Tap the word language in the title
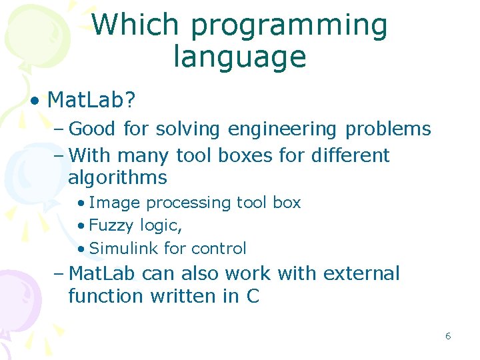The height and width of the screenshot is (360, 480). pyautogui.click(x=239, y=57)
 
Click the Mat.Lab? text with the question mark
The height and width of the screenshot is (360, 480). pyautogui.click(x=92, y=101)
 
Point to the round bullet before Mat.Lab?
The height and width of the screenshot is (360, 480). pyautogui.click(x=33, y=101)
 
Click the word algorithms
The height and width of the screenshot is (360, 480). pyautogui.click(x=117, y=178)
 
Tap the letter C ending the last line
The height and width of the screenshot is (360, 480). pyautogui.click(x=252, y=296)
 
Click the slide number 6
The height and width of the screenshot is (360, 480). pyautogui.click(x=448, y=336)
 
